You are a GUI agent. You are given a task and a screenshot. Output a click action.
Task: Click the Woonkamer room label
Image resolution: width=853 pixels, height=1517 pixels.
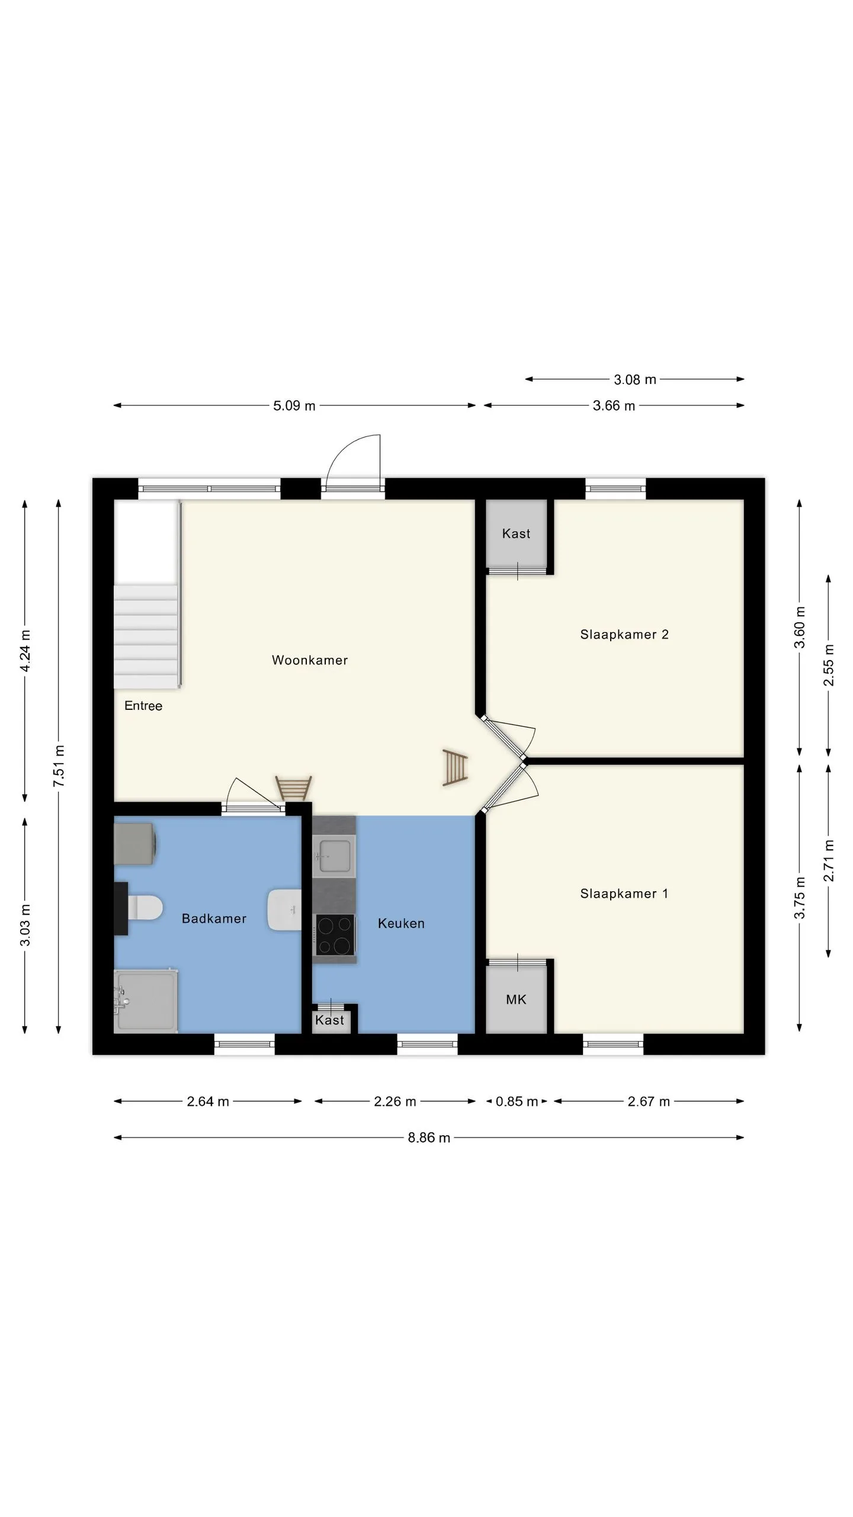(x=309, y=660)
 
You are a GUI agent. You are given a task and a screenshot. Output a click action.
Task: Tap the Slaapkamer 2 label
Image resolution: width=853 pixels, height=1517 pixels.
(x=624, y=635)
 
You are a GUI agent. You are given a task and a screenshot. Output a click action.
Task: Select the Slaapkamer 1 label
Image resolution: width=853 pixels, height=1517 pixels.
(x=624, y=894)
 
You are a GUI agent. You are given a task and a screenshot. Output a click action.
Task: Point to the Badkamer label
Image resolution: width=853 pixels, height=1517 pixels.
(x=214, y=918)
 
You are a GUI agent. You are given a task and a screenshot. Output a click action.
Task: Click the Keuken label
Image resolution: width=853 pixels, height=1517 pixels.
(x=401, y=923)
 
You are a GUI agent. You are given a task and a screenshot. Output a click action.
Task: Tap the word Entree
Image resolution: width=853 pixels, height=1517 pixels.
(x=143, y=706)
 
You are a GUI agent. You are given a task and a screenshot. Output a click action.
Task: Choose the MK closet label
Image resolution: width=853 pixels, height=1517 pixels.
(x=516, y=1000)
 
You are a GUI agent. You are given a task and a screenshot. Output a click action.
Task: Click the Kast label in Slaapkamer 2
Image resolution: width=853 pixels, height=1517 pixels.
(x=516, y=533)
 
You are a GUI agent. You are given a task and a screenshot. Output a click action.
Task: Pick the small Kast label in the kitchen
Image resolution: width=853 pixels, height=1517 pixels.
(x=329, y=1020)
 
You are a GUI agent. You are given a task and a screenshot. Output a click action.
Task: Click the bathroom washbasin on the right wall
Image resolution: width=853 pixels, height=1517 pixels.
(x=284, y=910)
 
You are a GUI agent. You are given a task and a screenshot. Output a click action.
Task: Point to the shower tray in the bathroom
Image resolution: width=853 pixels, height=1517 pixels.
(x=146, y=1001)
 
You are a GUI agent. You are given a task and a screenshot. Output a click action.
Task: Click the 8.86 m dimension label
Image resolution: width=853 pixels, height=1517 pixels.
(x=429, y=1138)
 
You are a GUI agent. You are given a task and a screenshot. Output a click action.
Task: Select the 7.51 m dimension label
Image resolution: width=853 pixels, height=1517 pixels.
(x=59, y=766)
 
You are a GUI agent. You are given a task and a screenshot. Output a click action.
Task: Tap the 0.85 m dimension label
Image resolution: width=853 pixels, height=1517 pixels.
(x=517, y=1102)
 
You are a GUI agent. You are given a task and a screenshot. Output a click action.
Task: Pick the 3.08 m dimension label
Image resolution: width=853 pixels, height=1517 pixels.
(x=635, y=379)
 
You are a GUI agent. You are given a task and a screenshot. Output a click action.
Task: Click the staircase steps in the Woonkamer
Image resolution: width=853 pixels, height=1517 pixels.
(x=146, y=636)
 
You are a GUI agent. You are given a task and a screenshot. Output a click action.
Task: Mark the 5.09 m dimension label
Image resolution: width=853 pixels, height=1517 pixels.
(x=294, y=406)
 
